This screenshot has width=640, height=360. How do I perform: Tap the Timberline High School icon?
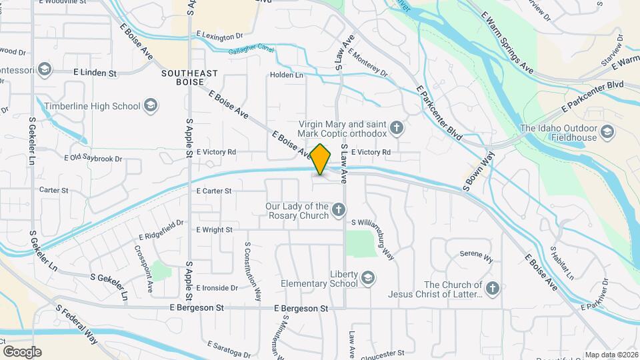coord(151,105)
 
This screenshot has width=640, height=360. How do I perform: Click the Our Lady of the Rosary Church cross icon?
coord(339,211)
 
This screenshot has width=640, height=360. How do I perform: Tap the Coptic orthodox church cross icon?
coord(397,127)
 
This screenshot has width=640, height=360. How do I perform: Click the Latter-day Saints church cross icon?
coord(492,289)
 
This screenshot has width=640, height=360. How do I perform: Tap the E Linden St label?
coord(95,72)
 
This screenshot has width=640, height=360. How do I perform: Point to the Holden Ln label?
coord(287,75)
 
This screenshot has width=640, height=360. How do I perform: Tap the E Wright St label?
coord(214,229)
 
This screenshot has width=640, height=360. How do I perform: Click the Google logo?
coord(22,352)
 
